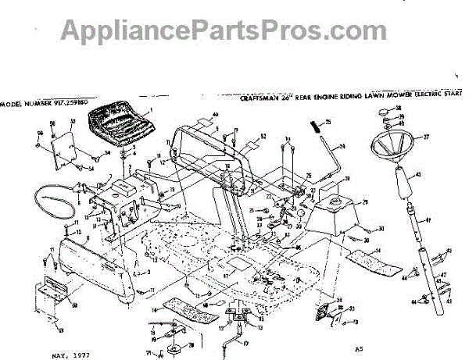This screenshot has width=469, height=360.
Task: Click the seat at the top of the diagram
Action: click(119, 125)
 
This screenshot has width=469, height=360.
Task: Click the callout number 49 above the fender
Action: click(216, 115)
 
